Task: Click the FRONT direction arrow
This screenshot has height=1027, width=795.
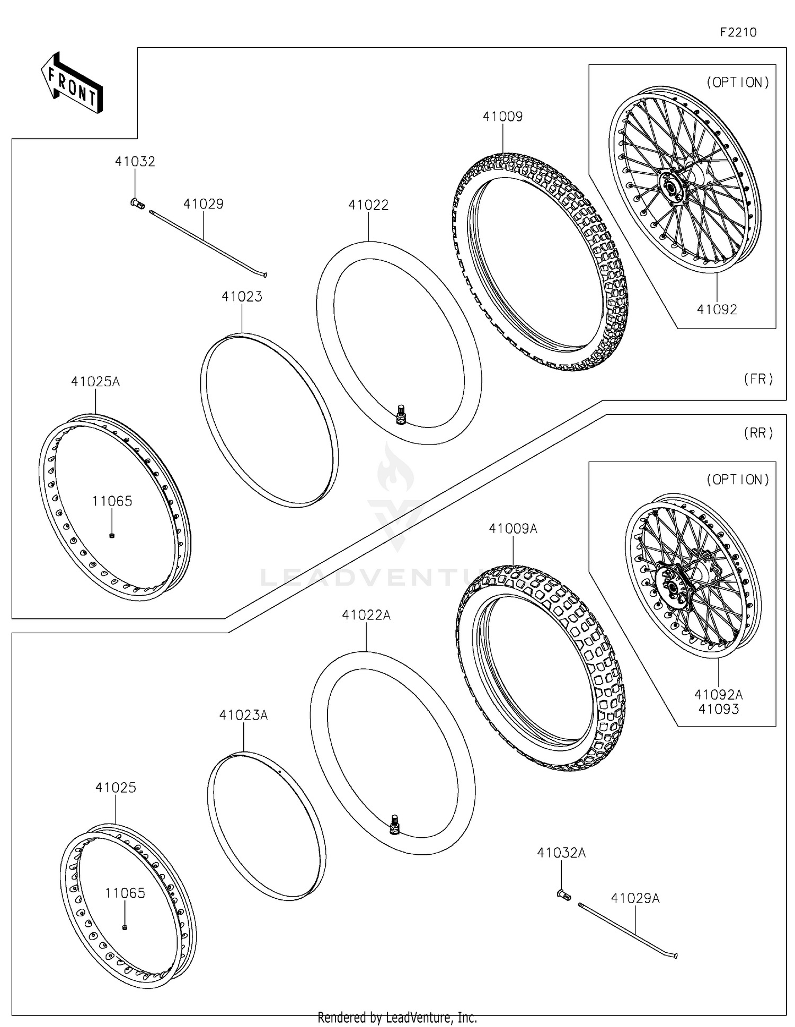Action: [x=72, y=84]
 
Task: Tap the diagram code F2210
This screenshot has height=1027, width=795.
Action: [x=738, y=32]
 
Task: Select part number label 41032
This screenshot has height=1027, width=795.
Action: [x=135, y=162]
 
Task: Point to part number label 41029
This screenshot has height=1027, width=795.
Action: [x=204, y=204]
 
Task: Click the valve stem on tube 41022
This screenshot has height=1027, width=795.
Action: [x=401, y=414]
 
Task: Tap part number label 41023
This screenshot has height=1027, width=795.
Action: [x=242, y=297]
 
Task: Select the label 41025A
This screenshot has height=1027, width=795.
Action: [x=95, y=382]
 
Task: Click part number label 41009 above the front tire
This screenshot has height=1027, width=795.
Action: [x=502, y=117]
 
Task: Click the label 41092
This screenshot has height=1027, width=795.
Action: [x=717, y=310]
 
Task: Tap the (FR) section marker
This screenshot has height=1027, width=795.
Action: [x=758, y=379]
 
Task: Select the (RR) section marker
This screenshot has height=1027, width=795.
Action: [x=758, y=433]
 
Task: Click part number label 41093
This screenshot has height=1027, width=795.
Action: [x=718, y=709]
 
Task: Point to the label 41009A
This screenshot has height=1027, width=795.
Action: [x=513, y=529]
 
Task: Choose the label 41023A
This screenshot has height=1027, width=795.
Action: [x=243, y=715]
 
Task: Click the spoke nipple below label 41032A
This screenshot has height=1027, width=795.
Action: [x=563, y=895]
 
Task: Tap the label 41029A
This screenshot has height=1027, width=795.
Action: [x=635, y=898]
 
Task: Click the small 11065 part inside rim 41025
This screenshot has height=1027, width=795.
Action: [x=125, y=927]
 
